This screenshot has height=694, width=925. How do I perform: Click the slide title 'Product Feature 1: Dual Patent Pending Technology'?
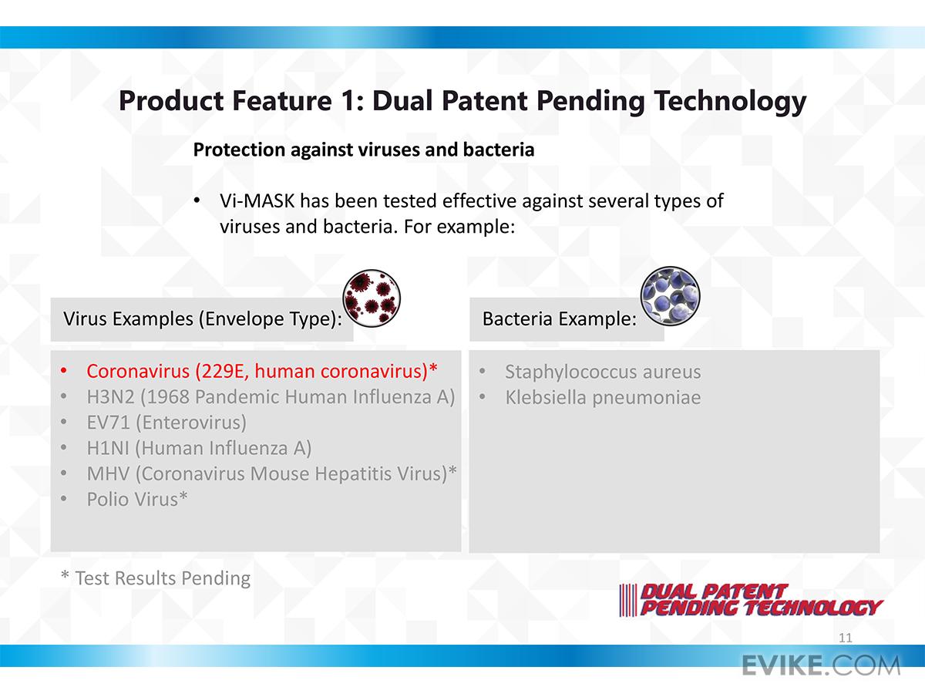pos(462,102)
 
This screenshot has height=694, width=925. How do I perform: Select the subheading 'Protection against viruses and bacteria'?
pos(364,150)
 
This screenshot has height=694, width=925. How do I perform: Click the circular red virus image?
pos(372,298)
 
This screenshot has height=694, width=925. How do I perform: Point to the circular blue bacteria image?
pos(670,296)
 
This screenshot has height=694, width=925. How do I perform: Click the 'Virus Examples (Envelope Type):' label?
pos(203,319)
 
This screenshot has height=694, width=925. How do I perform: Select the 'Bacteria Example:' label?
pos(559,319)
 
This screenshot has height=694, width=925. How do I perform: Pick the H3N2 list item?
pos(271,397)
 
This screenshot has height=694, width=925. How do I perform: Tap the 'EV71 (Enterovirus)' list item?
pos(166,423)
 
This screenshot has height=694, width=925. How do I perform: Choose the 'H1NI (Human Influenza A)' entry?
pos(199,448)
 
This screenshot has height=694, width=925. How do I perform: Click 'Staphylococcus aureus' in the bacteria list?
pos(603,372)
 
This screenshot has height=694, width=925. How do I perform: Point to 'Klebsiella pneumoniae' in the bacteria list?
pos(603,398)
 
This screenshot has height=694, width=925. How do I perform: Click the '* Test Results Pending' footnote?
pos(156,578)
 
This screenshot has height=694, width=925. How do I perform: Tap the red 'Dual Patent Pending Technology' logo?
pos(750,600)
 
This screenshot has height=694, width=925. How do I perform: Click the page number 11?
pos(846,638)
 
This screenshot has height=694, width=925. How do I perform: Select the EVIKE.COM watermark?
pos(821,665)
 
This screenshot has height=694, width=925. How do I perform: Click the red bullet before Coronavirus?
pos(64,371)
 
